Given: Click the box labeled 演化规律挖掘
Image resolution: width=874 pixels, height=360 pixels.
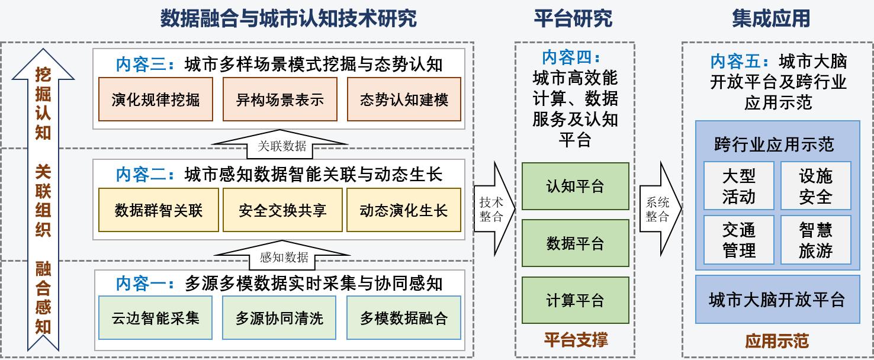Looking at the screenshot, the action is (x=156, y=99).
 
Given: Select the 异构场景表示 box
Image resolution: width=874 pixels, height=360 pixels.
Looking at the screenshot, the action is (x=279, y=99).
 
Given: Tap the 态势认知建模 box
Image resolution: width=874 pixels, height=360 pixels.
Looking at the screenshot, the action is (x=404, y=99).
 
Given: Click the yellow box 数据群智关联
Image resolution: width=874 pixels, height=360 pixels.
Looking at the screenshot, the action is (x=159, y=210).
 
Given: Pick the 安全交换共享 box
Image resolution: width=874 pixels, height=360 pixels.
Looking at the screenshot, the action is (x=282, y=210).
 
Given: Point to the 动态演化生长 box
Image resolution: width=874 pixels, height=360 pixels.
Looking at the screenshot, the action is (x=404, y=210).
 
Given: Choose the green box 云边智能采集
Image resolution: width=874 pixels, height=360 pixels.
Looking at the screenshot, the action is (x=155, y=318).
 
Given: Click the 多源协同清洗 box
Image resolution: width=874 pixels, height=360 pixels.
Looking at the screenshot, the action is (x=279, y=318).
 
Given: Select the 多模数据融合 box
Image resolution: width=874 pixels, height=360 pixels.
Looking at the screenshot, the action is (x=404, y=318).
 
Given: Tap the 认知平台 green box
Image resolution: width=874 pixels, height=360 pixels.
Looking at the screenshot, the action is (x=576, y=187).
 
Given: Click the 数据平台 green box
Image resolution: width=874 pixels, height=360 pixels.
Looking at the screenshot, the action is (x=576, y=243).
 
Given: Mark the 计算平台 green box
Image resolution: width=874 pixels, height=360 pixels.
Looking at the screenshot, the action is (x=576, y=300).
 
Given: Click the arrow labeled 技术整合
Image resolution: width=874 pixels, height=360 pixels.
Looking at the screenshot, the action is (x=494, y=209).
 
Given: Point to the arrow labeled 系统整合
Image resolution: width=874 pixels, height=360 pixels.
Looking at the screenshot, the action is (x=660, y=209).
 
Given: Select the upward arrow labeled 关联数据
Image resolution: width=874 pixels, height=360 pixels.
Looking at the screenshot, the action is (x=279, y=144).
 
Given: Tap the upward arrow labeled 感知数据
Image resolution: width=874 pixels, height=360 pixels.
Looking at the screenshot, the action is (x=282, y=255).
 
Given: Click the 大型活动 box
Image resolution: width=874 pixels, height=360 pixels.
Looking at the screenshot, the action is (x=739, y=186).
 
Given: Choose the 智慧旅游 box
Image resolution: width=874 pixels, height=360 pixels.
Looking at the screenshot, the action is (x=816, y=240).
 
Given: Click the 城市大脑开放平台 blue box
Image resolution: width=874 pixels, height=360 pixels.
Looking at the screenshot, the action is (x=777, y=300).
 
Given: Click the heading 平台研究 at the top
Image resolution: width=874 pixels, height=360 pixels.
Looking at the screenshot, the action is (x=573, y=18).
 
